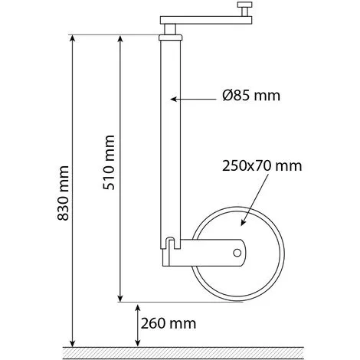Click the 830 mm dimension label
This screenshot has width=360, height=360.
pos(63,193)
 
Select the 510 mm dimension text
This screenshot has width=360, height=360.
pos(109,162)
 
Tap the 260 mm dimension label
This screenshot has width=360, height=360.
pos(169,323)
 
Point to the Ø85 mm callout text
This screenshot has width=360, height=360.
pos(251,96)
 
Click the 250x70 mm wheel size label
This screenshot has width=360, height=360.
pos(262,166)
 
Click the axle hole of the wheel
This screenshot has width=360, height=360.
pos(237,253)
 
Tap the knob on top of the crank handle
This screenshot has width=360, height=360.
pos(244,9)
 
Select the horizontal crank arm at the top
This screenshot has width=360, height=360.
pos(206,20)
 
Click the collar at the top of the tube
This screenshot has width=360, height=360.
pos(171,38)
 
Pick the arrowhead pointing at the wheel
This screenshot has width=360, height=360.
pos(243,222)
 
